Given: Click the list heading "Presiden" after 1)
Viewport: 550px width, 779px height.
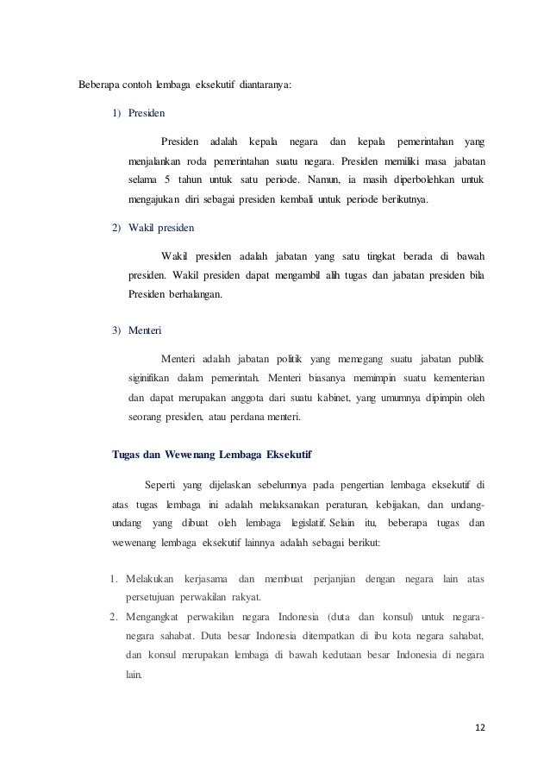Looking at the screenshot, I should click(x=147, y=112).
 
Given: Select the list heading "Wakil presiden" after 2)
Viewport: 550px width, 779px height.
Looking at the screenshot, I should click(x=161, y=228).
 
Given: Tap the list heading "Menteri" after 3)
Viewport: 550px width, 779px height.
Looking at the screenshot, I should click(x=145, y=330).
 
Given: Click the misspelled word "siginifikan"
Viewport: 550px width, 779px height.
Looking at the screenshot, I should click(x=147, y=379).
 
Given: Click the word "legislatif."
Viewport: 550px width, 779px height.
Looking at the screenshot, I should click(x=297, y=524).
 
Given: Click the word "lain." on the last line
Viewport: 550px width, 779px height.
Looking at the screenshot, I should click(x=136, y=678).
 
